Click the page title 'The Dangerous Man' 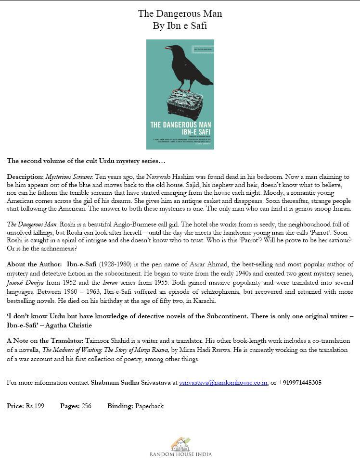(180, 14)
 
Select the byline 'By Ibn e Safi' (180, 26)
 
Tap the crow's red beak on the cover (167, 48)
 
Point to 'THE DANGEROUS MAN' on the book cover (180, 125)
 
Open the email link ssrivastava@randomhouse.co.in (223, 383)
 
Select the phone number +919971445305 (300, 383)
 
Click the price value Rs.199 (35, 406)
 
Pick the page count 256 (87, 406)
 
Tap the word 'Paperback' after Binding (149, 406)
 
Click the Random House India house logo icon (180, 443)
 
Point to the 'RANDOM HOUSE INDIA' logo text (180, 454)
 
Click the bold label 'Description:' (25, 177)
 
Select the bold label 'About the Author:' (34, 264)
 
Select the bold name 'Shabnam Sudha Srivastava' (130, 383)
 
